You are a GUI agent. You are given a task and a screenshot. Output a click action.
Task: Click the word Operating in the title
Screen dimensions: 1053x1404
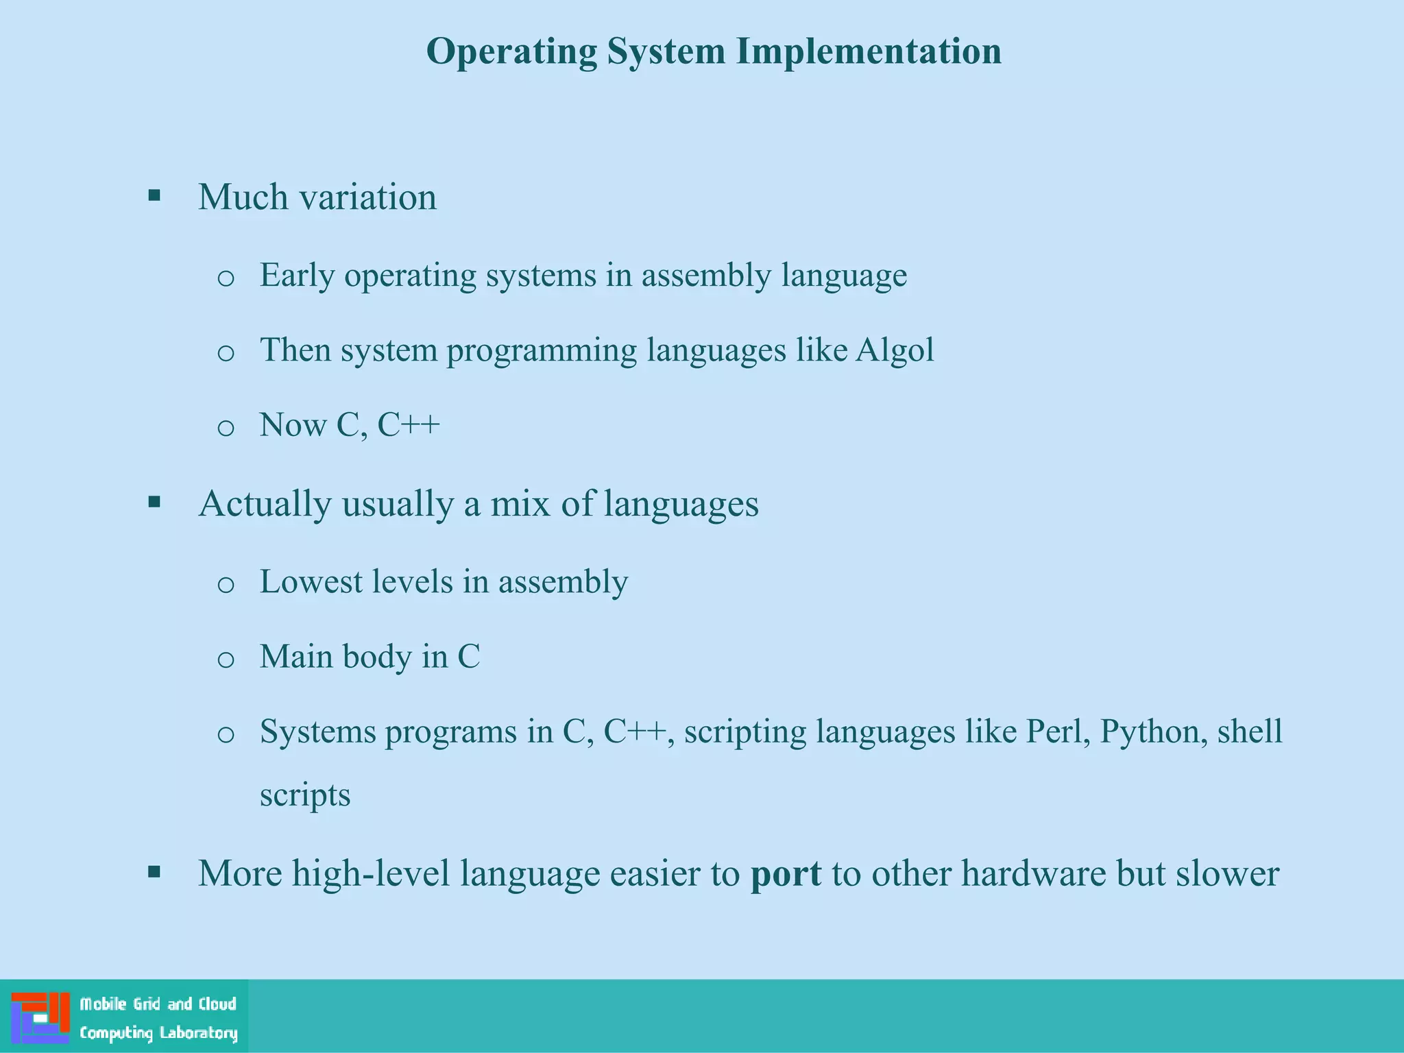click(511, 52)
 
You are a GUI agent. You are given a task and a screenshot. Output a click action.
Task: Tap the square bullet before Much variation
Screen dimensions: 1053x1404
click(154, 197)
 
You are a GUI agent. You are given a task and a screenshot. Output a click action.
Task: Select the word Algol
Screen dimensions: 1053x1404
click(895, 350)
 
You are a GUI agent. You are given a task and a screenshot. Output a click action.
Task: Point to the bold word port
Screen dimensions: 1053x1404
click(786, 874)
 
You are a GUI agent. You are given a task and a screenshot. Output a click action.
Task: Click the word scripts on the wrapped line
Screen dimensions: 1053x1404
click(305, 795)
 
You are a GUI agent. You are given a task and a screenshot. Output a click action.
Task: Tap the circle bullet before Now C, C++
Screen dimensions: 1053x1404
click(226, 428)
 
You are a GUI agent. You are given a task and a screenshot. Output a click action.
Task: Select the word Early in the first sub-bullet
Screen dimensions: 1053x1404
click(297, 276)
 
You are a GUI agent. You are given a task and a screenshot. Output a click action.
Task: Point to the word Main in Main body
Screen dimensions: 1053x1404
click(295, 657)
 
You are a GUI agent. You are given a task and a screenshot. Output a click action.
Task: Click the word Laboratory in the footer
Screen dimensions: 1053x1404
click(198, 1033)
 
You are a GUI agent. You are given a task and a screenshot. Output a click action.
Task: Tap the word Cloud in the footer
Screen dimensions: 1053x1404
click(217, 1004)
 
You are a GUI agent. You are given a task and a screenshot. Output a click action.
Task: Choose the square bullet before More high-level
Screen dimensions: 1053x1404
click(154, 873)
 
